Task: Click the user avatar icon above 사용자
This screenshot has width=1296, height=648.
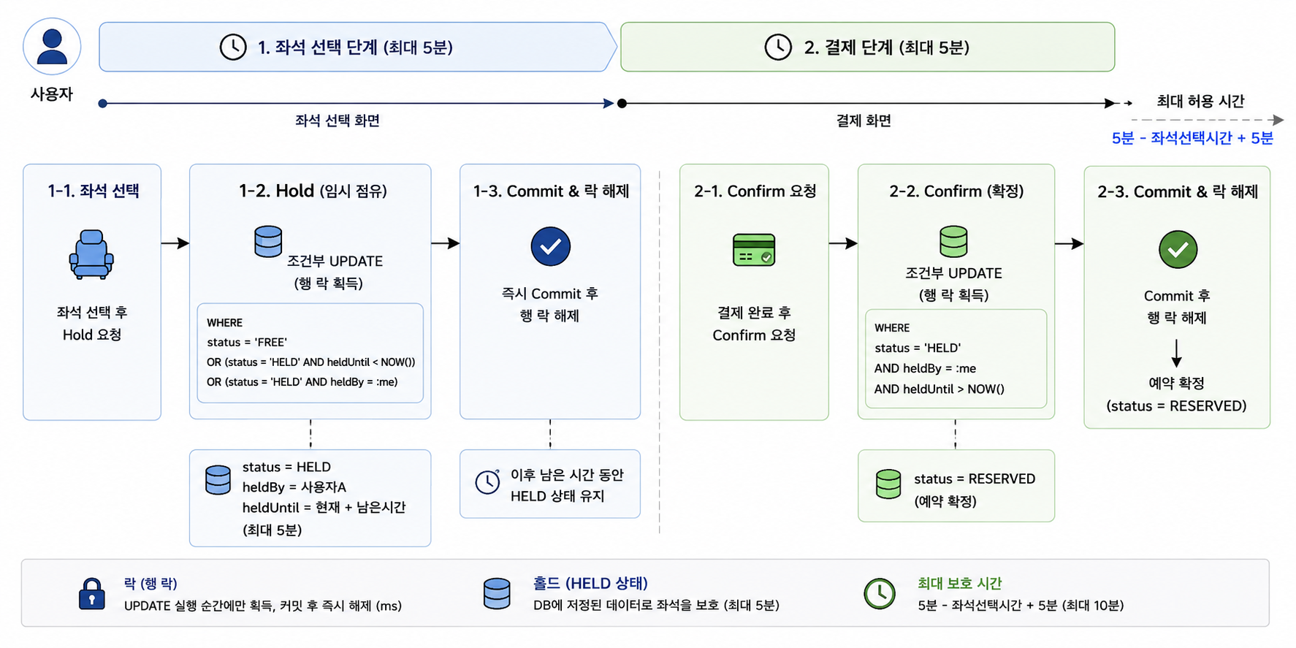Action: (52, 47)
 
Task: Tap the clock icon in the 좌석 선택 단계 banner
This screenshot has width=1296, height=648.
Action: (233, 47)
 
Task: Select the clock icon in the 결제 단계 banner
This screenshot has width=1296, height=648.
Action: (778, 47)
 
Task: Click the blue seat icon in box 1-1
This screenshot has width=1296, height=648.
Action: (91, 254)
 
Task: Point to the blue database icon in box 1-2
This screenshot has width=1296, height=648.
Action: (268, 241)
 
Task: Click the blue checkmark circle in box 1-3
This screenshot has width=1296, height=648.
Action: (551, 246)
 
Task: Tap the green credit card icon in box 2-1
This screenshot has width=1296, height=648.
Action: (754, 250)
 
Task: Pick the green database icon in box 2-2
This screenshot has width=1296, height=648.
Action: (953, 241)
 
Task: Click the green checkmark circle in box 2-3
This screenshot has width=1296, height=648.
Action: (1178, 250)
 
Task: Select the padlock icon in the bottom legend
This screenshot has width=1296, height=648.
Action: (91, 593)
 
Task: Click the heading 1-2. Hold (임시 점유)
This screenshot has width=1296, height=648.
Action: (313, 191)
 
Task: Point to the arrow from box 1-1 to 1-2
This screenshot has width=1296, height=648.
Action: (175, 243)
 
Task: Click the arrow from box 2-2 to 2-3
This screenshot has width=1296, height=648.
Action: (1070, 243)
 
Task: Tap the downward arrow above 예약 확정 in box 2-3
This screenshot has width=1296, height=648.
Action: (1176, 353)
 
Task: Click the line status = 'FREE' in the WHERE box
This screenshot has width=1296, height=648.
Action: (247, 342)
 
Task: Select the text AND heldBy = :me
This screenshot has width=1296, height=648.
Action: (925, 368)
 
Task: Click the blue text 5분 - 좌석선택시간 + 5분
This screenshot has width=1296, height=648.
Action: (1192, 138)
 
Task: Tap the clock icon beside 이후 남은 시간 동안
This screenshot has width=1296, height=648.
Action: (487, 481)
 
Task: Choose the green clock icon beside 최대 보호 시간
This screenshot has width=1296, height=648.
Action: (880, 593)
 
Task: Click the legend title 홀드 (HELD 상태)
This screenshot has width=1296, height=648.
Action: (590, 583)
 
